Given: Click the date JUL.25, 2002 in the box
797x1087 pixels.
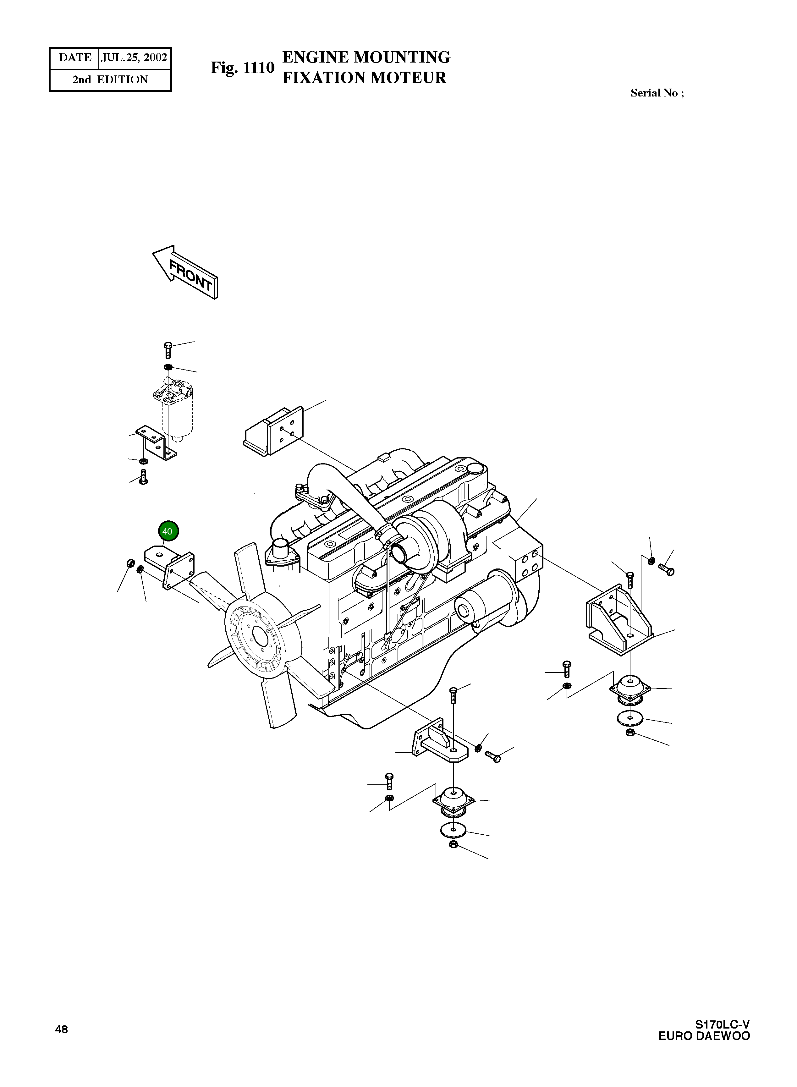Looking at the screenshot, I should pos(134,58).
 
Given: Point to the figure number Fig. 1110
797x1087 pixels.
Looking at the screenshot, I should pos(242,68).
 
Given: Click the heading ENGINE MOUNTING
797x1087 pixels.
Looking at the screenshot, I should pos(366,57).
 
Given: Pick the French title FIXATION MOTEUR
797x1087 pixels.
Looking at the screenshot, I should pos(364,78).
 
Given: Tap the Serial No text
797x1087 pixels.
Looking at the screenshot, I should pos(657,93).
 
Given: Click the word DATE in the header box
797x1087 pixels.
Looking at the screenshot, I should pos(75,58).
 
